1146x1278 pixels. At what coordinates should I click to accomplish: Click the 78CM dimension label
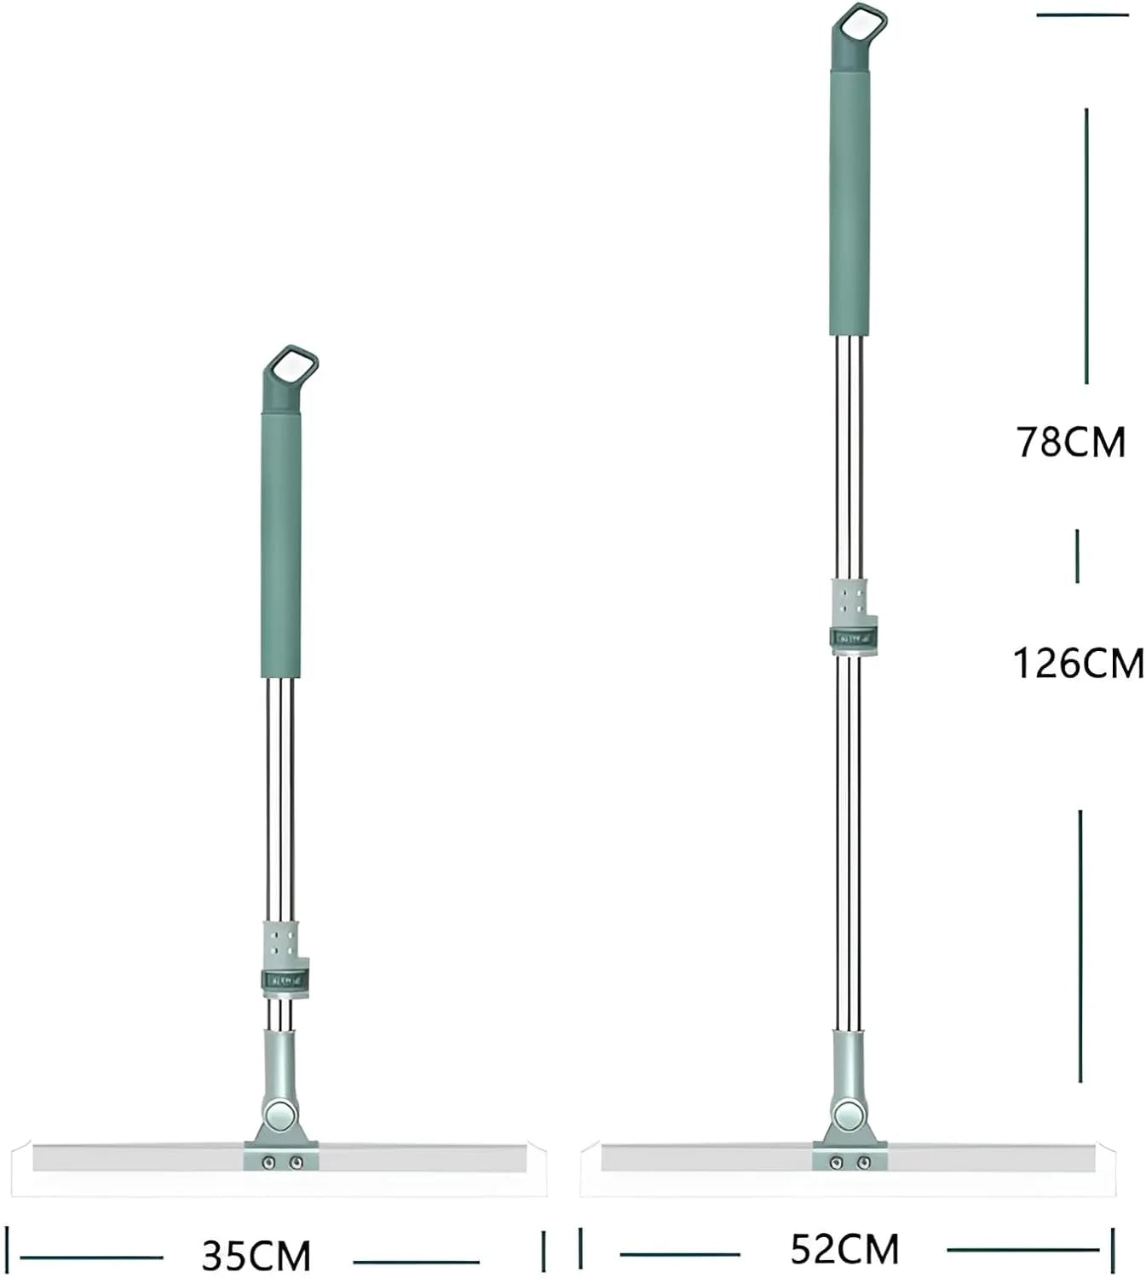point(1070,442)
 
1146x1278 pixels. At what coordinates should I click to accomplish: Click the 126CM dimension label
point(1078,664)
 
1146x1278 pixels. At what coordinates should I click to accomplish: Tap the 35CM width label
point(256,1256)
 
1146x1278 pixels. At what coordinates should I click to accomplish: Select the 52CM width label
point(844,1250)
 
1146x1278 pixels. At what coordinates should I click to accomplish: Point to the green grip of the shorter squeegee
point(281,545)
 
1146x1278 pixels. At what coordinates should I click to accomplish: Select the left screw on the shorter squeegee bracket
point(268,1163)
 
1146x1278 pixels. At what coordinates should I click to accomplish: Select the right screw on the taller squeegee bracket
point(863,1163)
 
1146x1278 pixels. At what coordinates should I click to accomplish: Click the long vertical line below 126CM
point(1080,946)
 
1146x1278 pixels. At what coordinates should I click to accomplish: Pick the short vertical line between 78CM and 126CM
point(1077,556)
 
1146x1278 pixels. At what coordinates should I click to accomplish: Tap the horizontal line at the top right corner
point(1082,14)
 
